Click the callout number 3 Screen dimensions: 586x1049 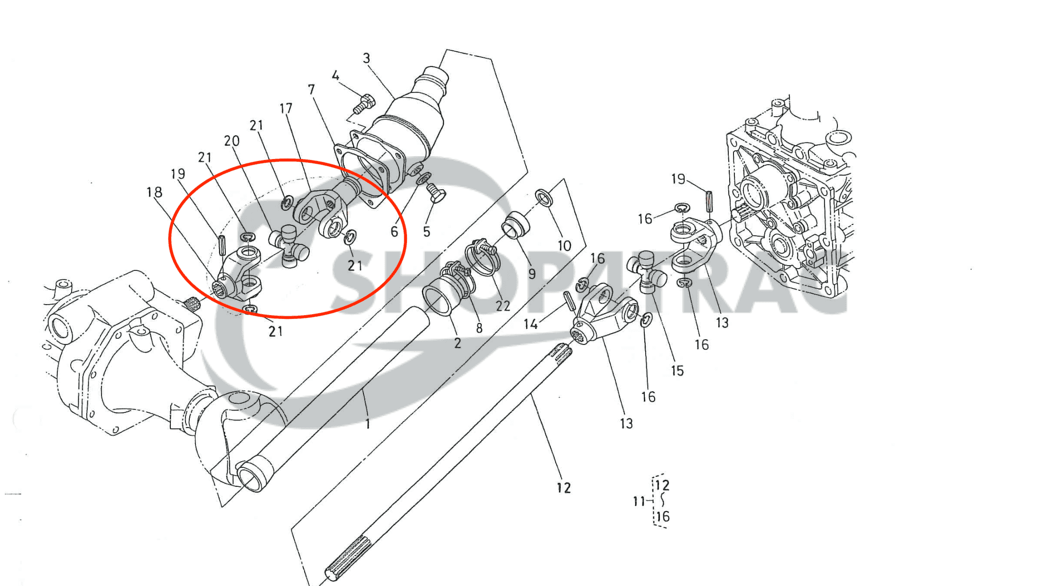click(x=366, y=58)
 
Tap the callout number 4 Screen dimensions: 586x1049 click(x=335, y=76)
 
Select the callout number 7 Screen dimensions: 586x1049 click(x=311, y=90)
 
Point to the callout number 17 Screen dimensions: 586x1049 click(x=286, y=109)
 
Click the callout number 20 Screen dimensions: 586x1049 click(x=232, y=141)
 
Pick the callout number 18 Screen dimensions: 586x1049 click(x=154, y=192)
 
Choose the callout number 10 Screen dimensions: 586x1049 click(x=564, y=246)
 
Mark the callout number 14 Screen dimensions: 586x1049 click(x=530, y=324)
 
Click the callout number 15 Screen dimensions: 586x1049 click(x=678, y=371)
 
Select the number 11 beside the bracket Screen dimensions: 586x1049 click(x=639, y=501)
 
